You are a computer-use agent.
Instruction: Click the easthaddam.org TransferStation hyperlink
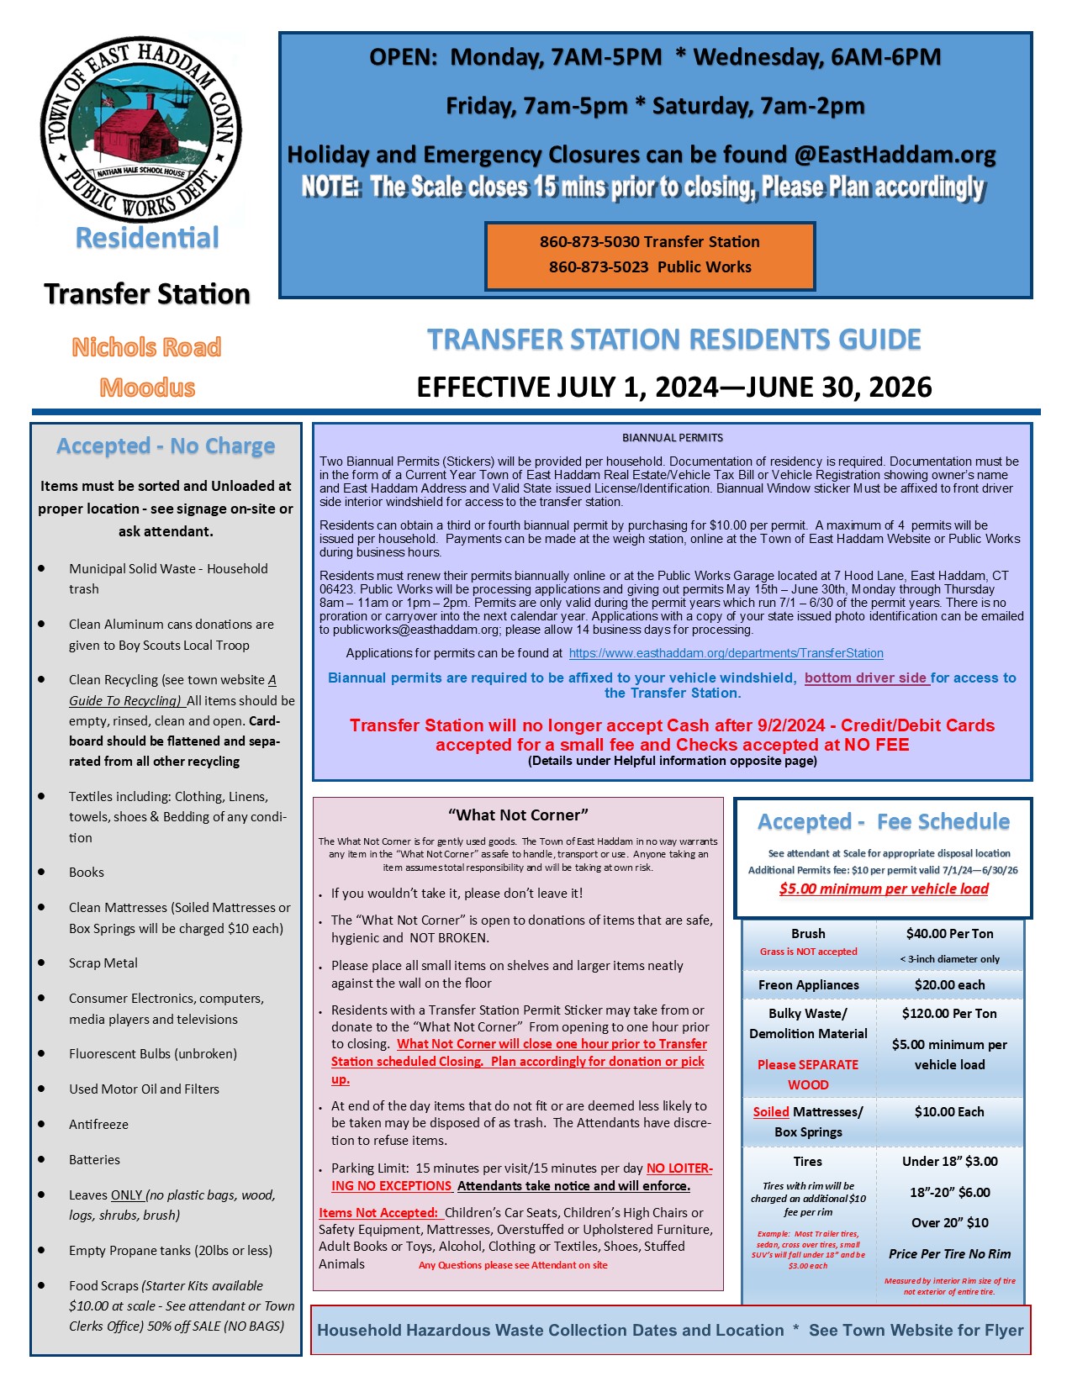726,653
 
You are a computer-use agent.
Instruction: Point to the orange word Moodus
147,388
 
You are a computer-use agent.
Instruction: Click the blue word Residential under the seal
147,238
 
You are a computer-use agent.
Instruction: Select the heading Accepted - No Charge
166,446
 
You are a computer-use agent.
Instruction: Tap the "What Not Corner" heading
518,815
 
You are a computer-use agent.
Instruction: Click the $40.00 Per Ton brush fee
949,934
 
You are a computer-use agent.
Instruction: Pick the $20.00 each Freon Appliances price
949,985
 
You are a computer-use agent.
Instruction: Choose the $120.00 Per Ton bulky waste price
949,1014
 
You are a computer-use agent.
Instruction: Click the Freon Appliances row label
808,985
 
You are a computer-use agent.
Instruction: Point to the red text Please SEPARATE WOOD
808,1074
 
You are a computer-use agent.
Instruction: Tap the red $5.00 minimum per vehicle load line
883,889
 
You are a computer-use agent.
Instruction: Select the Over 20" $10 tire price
949,1223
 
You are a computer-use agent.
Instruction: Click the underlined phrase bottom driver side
866,678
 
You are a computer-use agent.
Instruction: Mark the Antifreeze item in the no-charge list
98,1125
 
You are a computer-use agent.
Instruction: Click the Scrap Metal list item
103,963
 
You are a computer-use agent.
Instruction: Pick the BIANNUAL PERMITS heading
672,438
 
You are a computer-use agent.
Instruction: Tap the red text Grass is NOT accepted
808,952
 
